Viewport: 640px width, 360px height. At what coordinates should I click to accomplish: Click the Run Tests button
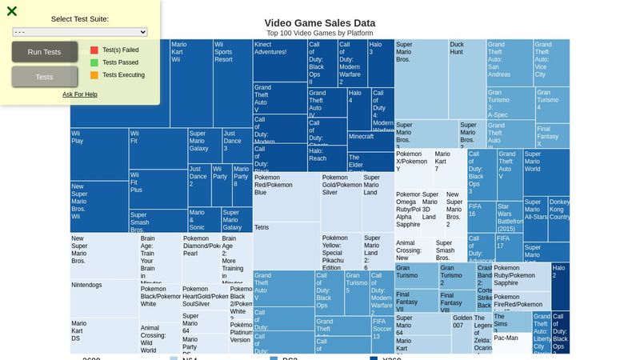click(45, 52)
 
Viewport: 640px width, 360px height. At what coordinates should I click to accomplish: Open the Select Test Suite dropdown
click(80, 32)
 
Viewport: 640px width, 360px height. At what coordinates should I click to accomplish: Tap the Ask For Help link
click(80, 94)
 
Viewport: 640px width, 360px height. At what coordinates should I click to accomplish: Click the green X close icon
click(12, 11)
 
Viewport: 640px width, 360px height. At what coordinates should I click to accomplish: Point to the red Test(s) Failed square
click(94, 50)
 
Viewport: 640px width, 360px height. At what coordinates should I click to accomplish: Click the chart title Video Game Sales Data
click(319, 23)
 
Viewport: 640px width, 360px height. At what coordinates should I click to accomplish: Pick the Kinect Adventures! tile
click(278, 60)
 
